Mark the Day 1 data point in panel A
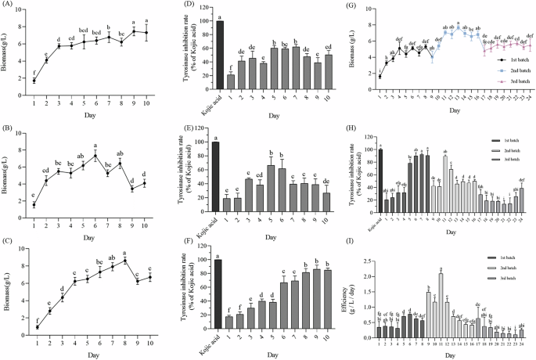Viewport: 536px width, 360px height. point(34,80)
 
